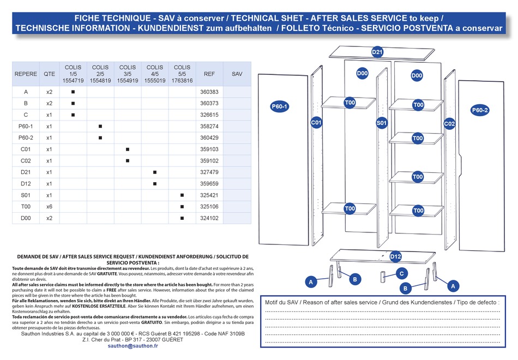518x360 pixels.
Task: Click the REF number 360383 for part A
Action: (x=209, y=92)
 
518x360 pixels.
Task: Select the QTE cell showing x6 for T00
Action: (x=49, y=207)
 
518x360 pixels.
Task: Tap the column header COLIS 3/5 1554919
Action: (x=128, y=74)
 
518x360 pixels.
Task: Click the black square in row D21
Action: (x=155, y=172)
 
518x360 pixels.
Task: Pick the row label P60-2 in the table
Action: (x=26, y=138)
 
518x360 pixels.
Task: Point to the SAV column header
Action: (x=237, y=74)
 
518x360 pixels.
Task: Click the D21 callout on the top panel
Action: (x=377, y=52)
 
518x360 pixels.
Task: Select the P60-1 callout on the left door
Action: (x=280, y=106)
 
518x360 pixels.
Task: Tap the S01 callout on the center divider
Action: (x=382, y=123)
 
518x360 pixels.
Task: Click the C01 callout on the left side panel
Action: (x=316, y=123)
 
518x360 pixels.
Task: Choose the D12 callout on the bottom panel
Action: (x=395, y=256)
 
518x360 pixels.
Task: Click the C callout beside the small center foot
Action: (x=402, y=273)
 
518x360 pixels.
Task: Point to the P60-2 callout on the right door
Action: (x=480, y=110)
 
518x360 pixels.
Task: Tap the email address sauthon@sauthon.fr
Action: (x=133, y=346)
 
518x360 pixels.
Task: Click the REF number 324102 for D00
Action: (x=209, y=218)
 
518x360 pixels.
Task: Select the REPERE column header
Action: (x=26, y=74)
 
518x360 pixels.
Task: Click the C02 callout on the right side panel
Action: (x=449, y=124)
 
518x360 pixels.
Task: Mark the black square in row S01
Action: (x=182, y=195)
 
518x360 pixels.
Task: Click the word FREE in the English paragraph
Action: (x=111, y=290)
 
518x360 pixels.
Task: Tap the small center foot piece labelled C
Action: (x=383, y=277)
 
